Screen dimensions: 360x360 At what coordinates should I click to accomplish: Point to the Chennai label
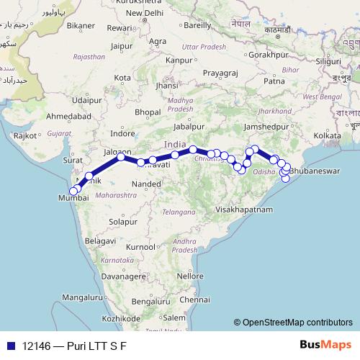pos(196,299)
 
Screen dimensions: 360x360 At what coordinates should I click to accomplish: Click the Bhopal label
pos(148,112)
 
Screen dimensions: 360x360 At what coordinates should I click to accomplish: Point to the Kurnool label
pos(140,247)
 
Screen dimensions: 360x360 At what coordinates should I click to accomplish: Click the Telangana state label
pos(179,212)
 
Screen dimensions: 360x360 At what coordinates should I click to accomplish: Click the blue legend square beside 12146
pos(11,346)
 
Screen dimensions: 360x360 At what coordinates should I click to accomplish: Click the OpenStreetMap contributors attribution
pos(293,323)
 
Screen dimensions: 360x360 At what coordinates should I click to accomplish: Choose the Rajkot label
pos(25,135)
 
